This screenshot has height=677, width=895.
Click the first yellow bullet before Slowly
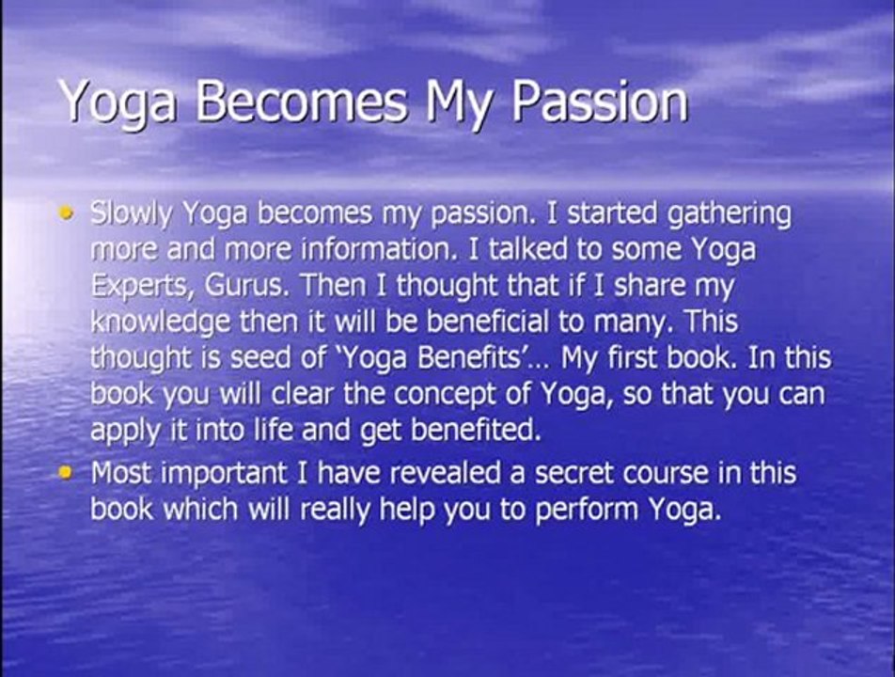pos(66,214)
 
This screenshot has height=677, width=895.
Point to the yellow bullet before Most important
pos(66,473)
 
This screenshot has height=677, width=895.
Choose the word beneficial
pos(481,323)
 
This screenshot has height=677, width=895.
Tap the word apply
pos(118,432)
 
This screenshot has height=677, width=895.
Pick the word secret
pos(573,474)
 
